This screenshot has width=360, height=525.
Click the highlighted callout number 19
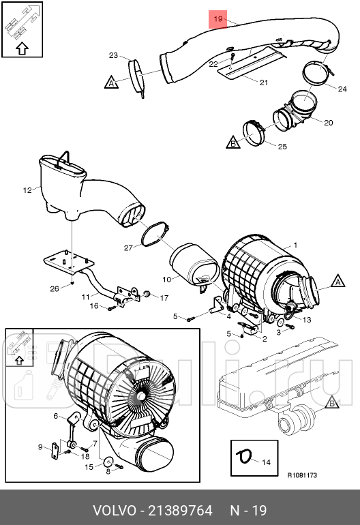[218, 19]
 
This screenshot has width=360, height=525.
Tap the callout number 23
[114, 55]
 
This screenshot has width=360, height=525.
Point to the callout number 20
[328, 123]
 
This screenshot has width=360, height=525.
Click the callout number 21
[264, 82]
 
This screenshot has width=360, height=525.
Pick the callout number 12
[27, 190]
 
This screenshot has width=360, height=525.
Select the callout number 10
[167, 280]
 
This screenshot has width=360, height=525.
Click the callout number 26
[55, 288]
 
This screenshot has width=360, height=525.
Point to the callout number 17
[164, 298]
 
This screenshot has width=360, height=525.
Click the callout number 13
[307, 320]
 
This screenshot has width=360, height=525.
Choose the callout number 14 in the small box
[266, 462]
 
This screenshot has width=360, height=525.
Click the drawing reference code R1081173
[302, 475]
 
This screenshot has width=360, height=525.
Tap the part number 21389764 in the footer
[180, 511]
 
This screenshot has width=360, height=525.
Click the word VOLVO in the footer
[115, 511]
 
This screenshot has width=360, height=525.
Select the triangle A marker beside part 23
[112, 82]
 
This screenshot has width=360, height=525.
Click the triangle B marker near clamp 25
[233, 142]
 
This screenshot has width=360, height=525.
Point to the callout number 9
[40, 447]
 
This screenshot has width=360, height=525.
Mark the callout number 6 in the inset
[56, 416]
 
